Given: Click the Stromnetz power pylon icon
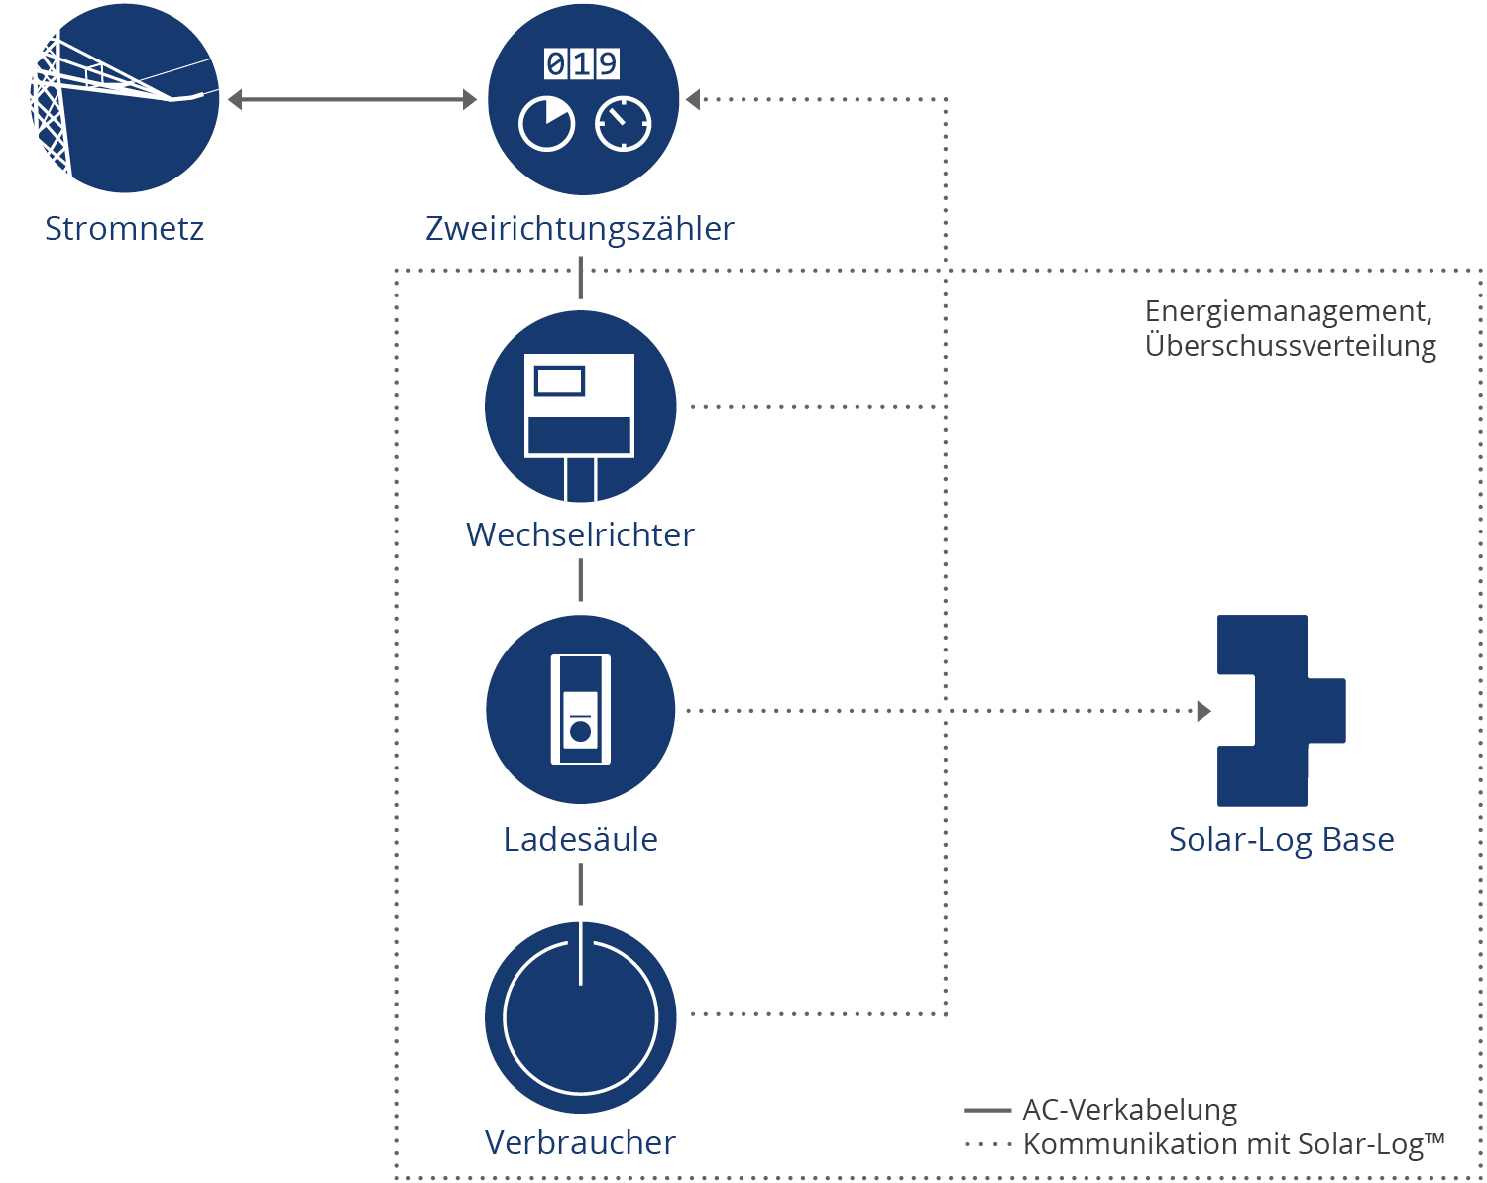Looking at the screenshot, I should click(125, 99).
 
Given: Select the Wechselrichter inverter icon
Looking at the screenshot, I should click(581, 407).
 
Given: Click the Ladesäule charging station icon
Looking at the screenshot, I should click(581, 710).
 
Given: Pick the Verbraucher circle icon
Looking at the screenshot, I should click(581, 1017).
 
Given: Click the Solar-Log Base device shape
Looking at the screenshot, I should click(1280, 710).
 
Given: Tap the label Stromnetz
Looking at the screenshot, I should click(124, 229).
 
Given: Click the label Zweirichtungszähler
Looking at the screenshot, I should click(580, 229).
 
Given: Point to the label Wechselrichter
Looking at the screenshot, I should click(580, 535).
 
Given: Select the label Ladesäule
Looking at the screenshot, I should click(580, 840).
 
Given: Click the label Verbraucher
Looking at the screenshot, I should click(580, 1143).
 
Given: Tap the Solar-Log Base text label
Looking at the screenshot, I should click(1281, 840).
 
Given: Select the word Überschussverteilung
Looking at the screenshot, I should click(1290, 346).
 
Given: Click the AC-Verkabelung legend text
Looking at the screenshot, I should click(1129, 1110).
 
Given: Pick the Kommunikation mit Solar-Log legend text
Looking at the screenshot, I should click(1233, 1144).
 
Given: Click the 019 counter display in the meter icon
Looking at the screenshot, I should click(582, 64).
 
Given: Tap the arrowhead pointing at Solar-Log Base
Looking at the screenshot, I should click(1204, 711).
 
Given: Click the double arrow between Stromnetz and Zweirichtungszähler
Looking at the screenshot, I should click(352, 99).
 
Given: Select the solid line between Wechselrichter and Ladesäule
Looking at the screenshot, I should click(581, 580).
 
